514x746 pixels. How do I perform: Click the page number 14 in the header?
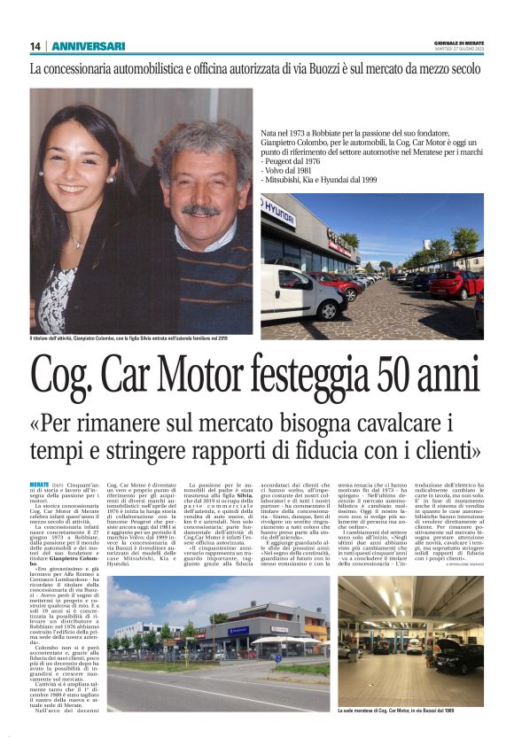35,46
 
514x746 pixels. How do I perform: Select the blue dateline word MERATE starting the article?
40,485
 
